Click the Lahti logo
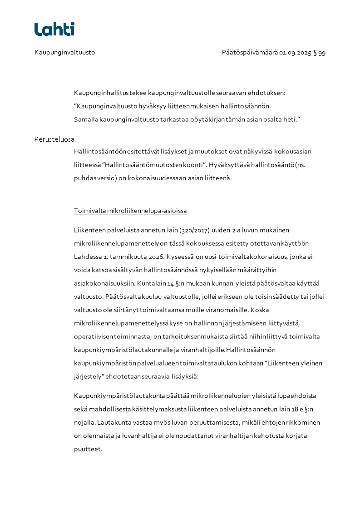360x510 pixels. pyautogui.click(x=54, y=29)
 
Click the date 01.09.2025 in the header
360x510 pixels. pyautogui.click(x=295, y=53)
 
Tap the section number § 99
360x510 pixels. pyautogui.click(x=320, y=53)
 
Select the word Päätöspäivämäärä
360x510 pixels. pyautogui.click(x=250, y=53)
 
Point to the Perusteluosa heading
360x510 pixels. pyautogui.click(x=54, y=139)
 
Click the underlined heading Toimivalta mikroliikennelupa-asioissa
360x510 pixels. pyautogui.click(x=130, y=211)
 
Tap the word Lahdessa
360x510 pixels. pyautogui.click(x=87, y=257)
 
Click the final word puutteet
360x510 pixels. pyautogui.click(x=88, y=449)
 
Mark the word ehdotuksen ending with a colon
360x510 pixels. pyautogui.click(x=270, y=93)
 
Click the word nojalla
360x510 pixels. pyautogui.click(x=84, y=422)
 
